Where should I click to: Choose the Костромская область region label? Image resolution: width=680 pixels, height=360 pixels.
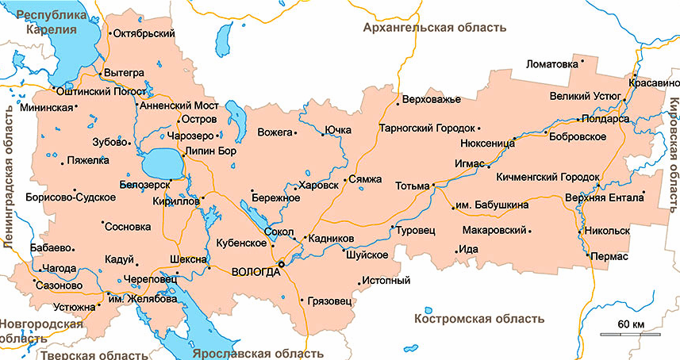tap(479, 319)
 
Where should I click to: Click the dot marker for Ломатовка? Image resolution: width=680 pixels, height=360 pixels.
tap(582, 60)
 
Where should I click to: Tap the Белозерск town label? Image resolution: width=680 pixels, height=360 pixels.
tap(145, 183)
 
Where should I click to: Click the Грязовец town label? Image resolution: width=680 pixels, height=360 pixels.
tap(328, 301)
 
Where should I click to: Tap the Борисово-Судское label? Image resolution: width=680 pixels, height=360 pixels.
tap(66, 197)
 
